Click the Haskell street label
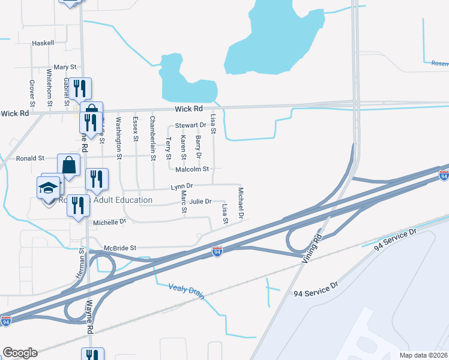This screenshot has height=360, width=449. (x=44, y=43)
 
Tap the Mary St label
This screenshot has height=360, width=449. (x=65, y=68)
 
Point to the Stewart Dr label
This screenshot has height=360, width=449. (x=190, y=126)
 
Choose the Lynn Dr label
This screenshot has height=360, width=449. (x=181, y=187)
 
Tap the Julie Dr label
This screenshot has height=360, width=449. (x=200, y=202)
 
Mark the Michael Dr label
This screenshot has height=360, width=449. (x=241, y=203)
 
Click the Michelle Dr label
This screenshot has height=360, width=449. (x=110, y=222)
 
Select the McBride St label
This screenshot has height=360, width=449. (x=121, y=247)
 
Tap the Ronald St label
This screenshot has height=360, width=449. (x=30, y=158)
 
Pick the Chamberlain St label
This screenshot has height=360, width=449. (x=152, y=139)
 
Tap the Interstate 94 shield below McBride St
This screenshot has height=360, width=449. (x=218, y=252)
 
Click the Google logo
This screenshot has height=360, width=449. (x=20, y=353)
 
